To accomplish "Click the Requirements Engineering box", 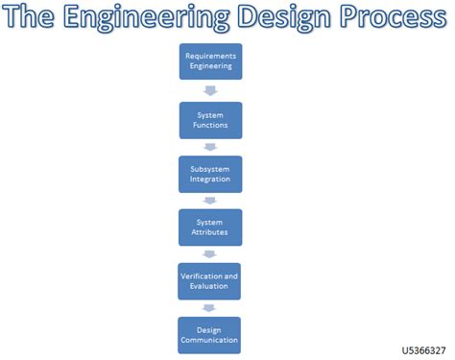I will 209,61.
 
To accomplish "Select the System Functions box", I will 209,120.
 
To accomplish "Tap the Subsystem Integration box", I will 209,174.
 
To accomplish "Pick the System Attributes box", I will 209,228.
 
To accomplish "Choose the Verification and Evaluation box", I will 209,281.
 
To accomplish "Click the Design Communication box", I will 209,334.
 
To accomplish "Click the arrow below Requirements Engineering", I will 209,91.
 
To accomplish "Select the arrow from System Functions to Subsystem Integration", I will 209,147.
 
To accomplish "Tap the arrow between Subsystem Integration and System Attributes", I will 209,201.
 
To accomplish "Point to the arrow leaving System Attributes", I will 209,254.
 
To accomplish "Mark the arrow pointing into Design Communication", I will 209,308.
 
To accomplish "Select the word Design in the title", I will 287,18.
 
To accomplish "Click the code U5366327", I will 423,350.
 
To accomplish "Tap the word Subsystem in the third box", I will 209,168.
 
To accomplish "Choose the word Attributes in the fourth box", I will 209,233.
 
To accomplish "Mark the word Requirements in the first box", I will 209,56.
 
